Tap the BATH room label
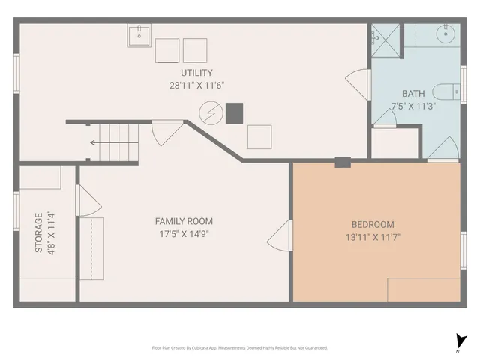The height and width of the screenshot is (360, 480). tap(413, 94)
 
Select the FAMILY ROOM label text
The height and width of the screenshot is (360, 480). tap(184, 221)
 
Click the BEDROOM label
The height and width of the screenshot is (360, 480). tap(373, 224)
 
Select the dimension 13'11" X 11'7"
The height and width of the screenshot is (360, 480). tap(373, 237)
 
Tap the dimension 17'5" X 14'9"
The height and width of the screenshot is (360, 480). tap(184, 233)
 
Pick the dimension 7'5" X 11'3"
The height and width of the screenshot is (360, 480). tap(413, 106)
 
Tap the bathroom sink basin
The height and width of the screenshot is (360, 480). tap(448, 34)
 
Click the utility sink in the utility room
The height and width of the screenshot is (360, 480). tap(139, 35)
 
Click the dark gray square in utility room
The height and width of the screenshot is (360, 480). tap(235, 112)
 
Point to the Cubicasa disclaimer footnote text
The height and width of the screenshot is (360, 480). tap(239, 347)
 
